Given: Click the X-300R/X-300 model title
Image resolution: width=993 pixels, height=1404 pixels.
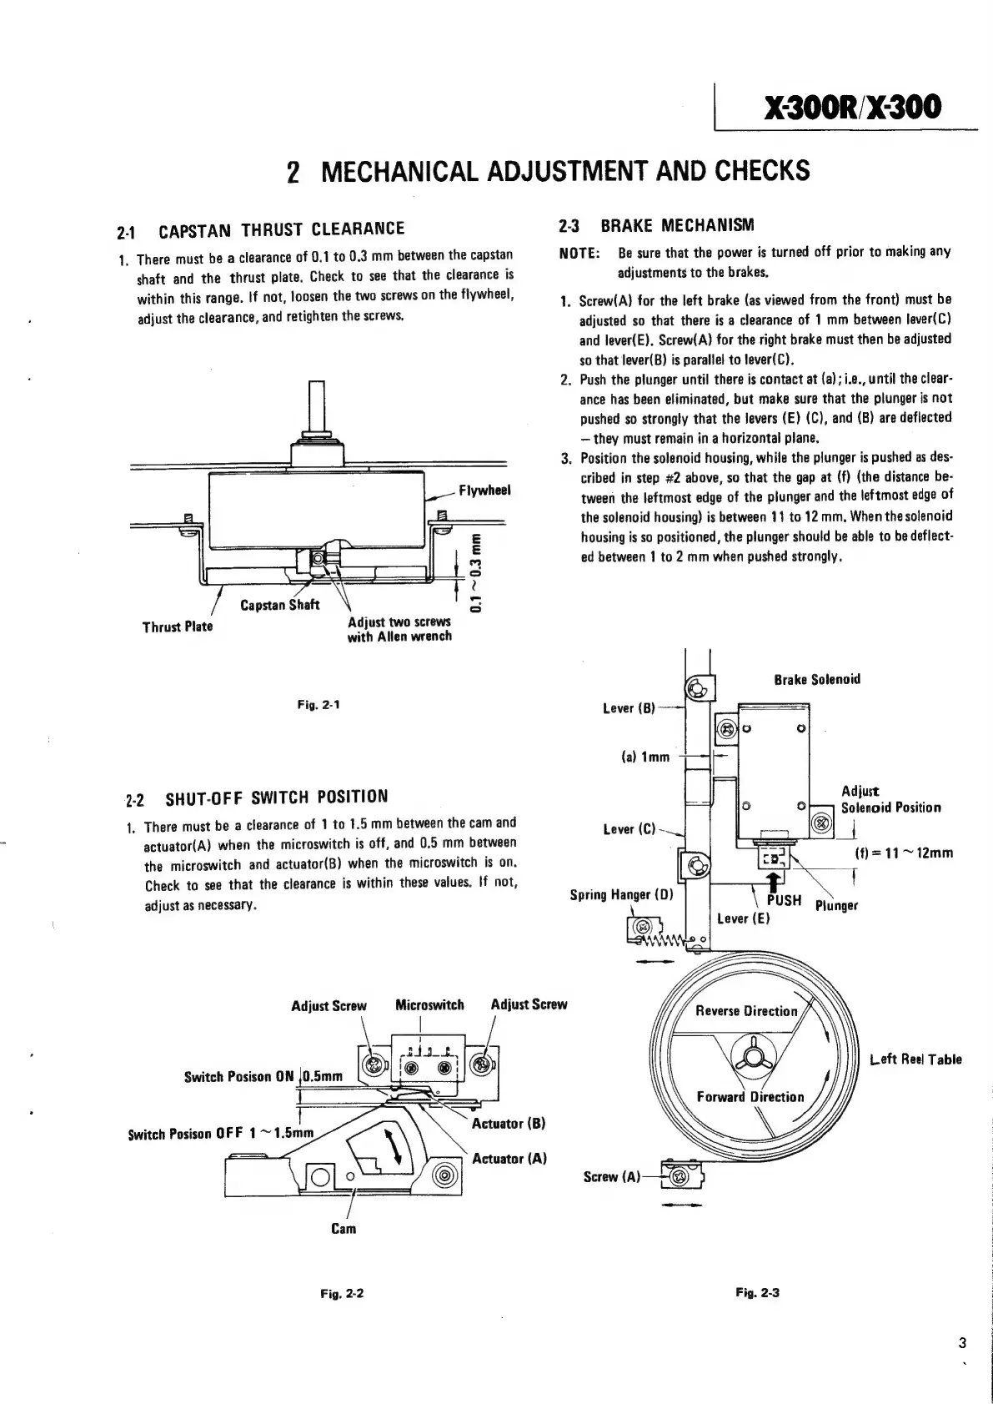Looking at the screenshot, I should [847, 107].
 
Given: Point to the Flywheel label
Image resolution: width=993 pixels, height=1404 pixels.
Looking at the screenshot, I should [484, 491].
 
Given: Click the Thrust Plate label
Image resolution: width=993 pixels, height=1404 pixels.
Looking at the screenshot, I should [178, 626].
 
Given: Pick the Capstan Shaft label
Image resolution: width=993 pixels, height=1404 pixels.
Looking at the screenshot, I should [279, 605].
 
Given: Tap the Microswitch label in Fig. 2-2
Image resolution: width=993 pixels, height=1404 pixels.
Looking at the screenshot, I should [429, 1005].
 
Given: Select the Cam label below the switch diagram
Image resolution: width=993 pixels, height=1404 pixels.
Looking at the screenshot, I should [344, 1229].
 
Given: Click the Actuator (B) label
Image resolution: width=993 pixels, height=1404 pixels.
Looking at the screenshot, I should [509, 1123].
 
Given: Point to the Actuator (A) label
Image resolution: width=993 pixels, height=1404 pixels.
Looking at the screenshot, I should [509, 1159].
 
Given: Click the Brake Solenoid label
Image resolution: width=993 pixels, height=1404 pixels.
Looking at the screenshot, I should [816, 679].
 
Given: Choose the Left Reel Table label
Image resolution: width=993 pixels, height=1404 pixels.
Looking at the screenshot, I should [915, 1059].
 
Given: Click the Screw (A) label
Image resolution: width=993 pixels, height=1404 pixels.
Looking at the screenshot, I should [612, 1177].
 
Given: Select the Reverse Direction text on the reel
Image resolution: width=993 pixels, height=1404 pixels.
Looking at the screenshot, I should [746, 1011].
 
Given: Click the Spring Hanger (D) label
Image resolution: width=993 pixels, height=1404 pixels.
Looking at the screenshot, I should [621, 895].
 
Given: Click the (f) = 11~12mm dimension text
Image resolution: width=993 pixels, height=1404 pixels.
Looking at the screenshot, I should [904, 853].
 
